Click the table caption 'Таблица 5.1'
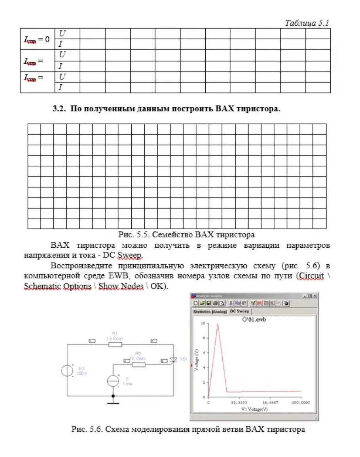click(x=307, y=23)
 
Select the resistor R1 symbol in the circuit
click(x=115, y=344)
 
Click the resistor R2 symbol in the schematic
click(x=138, y=364)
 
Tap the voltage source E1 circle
click(x=67, y=371)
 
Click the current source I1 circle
click(x=113, y=380)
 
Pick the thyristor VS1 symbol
click(x=173, y=360)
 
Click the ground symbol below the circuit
click(x=113, y=402)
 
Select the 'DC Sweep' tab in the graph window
click(x=240, y=311)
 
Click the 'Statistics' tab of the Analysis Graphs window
click(x=210, y=312)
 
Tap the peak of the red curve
click(x=217, y=324)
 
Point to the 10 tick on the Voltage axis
click(x=203, y=323)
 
